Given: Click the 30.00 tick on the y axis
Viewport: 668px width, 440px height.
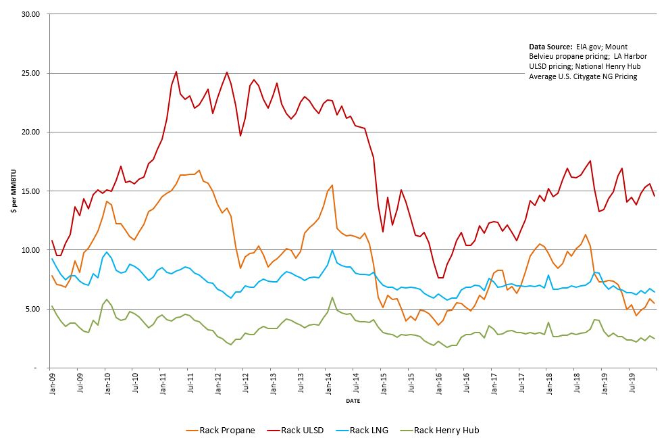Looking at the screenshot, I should [32, 14].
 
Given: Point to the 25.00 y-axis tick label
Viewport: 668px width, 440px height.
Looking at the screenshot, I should [32, 73].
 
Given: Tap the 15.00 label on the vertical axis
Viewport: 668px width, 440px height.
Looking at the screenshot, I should [32, 191].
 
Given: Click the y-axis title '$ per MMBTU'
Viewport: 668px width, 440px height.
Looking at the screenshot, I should [14, 191].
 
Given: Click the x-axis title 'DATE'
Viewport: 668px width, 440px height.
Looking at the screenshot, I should [352, 401].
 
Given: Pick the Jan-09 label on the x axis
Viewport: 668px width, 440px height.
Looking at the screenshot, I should [51, 382].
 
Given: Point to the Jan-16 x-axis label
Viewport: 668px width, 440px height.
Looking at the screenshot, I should [438, 382].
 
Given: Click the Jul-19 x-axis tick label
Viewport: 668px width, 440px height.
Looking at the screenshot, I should [632, 382].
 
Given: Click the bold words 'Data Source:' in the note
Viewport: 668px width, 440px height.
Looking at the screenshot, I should [550, 46].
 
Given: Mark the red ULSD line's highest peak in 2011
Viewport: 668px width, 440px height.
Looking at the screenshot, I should [176, 72].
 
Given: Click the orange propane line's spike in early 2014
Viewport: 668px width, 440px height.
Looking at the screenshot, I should [332, 185].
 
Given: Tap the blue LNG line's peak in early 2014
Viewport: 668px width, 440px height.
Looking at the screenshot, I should [332, 250].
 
